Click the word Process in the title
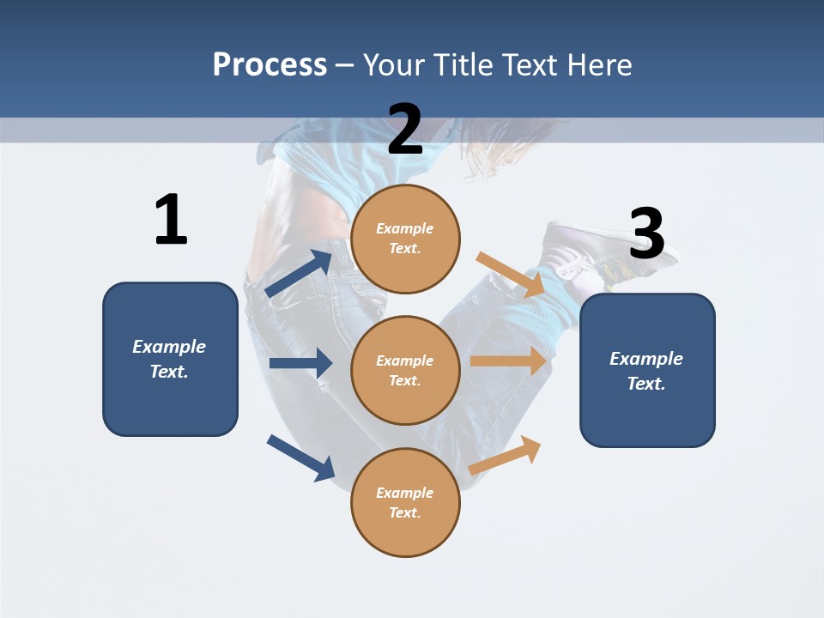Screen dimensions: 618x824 tap(270, 65)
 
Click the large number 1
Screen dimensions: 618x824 tap(171, 220)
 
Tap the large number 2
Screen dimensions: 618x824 tap(405, 129)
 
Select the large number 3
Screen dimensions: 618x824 tap(646, 233)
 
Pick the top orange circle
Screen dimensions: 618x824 tap(405, 239)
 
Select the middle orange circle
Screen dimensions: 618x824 tap(405, 370)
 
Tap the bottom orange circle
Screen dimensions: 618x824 tap(405, 502)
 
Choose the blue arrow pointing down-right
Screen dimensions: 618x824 tap(300, 457)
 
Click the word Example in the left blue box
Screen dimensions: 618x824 tap(169, 347)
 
